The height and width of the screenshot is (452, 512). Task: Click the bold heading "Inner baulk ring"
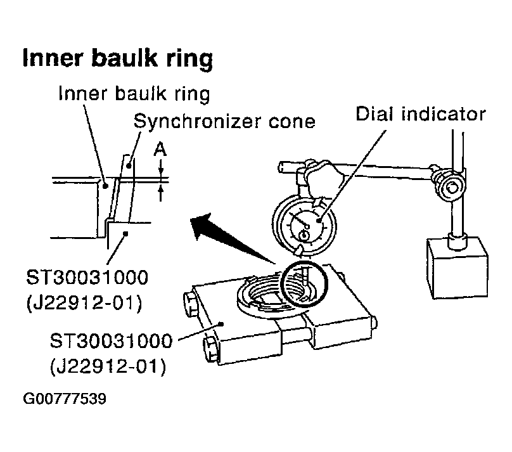click(x=118, y=59)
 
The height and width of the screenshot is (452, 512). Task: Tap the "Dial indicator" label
click(x=421, y=114)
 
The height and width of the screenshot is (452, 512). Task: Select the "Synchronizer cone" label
click(x=225, y=122)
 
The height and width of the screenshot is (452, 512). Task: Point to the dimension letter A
click(x=160, y=150)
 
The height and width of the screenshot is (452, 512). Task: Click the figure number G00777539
click(x=65, y=399)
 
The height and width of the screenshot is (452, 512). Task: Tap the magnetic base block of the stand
click(x=457, y=268)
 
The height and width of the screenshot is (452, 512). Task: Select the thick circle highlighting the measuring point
click(x=304, y=283)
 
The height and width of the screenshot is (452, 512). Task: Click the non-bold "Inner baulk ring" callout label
click(x=134, y=94)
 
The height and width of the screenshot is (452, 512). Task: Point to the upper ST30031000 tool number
click(x=87, y=278)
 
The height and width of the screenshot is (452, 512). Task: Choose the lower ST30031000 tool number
click(x=112, y=340)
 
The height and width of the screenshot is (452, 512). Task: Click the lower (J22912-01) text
click(x=108, y=366)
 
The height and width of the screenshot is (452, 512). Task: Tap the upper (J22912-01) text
click(x=84, y=303)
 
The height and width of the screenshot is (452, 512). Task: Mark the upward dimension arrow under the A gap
click(x=160, y=193)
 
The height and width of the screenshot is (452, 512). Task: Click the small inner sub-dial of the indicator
click(x=304, y=235)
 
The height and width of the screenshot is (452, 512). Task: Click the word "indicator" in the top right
click(x=444, y=114)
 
